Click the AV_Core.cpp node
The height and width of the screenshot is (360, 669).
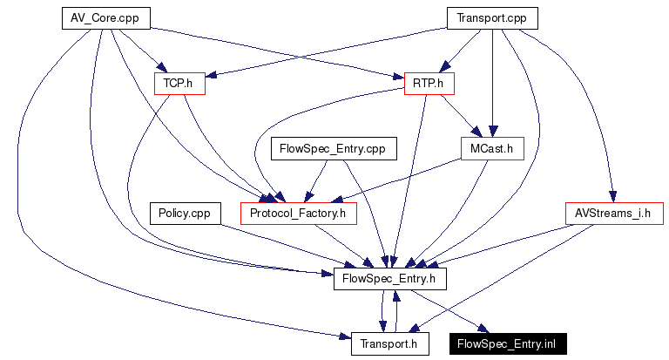(x=106, y=18)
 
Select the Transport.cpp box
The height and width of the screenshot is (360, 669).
(x=492, y=18)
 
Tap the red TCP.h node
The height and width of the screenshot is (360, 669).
(x=179, y=84)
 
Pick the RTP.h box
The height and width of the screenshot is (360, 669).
(x=429, y=84)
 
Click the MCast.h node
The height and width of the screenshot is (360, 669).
(x=492, y=148)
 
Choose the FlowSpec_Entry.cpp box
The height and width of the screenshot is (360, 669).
(x=334, y=148)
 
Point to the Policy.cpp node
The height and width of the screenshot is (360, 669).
(x=186, y=214)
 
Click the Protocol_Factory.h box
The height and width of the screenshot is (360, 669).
(x=299, y=214)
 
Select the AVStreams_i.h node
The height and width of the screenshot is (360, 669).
(x=614, y=214)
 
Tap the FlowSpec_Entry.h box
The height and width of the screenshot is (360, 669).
(x=390, y=279)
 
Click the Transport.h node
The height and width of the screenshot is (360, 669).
(x=390, y=344)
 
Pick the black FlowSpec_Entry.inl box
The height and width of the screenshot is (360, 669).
(x=508, y=344)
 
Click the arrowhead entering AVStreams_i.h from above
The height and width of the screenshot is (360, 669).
(x=612, y=196)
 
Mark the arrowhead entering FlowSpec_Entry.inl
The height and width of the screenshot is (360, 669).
(x=483, y=329)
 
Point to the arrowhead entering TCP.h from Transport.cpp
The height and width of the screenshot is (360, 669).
(x=212, y=75)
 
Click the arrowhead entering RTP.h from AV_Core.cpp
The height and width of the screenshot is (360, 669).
(x=398, y=77)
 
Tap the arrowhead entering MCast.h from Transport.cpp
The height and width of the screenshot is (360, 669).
(x=493, y=131)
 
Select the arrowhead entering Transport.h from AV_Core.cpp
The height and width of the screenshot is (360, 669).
(x=345, y=337)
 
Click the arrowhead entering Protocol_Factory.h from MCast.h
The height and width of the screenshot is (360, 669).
(x=337, y=200)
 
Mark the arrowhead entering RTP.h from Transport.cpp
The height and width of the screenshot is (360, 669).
(x=444, y=67)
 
